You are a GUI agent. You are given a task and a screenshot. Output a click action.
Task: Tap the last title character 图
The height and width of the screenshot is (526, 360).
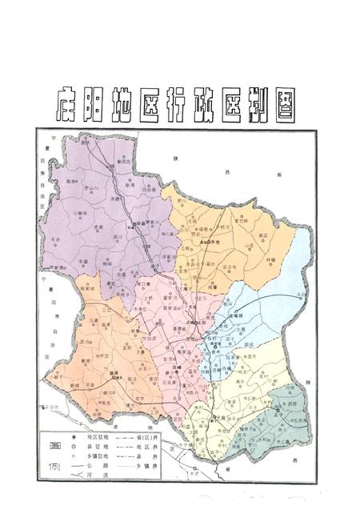(296, 102)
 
